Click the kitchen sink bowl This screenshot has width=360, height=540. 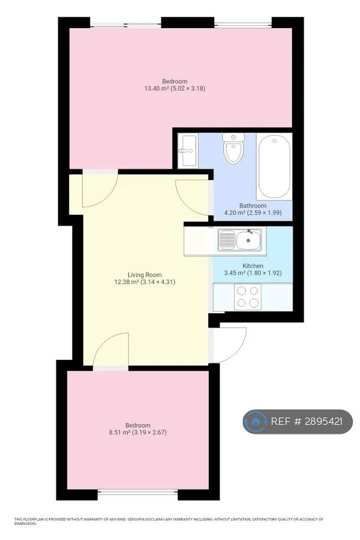pyautogui.click(x=248, y=239)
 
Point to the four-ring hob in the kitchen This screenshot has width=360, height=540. pyautogui.click(x=248, y=296)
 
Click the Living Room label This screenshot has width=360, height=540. pyautogui.click(x=145, y=275)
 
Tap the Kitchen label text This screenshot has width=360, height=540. pyautogui.click(x=253, y=266)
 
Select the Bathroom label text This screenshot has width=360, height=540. pyautogui.click(x=253, y=206)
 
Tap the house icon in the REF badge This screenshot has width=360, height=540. pyautogui.click(x=255, y=421)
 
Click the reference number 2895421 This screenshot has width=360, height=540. pyautogui.click(x=323, y=421)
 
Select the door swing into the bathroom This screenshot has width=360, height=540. pyautogui.click(x=192, y=197)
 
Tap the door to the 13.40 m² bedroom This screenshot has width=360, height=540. pyautogui.click(x=100, y=190)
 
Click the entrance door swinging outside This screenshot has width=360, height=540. pyautogui.click(x=230, y=345)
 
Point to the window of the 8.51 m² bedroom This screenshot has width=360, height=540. pyautogui.click(x=138, y=494)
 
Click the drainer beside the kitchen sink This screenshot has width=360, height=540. pyautogui.click(x=227, y=239)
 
